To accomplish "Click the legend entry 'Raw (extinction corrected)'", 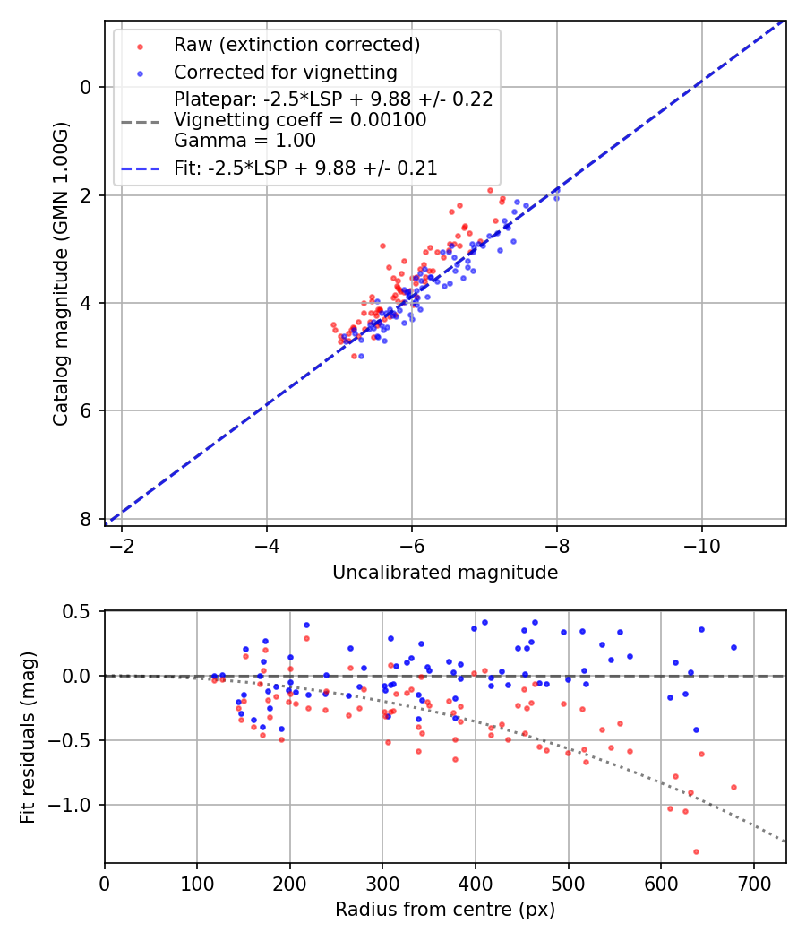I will point(296,45).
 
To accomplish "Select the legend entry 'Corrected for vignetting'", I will point(286,73).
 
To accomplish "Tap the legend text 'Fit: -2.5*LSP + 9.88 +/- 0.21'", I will point(305,168).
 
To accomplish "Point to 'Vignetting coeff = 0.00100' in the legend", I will point(300,120).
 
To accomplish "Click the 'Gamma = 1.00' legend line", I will point(244,141).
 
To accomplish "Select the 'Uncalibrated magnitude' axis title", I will point(445,573).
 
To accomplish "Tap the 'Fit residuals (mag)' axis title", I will point(28,737).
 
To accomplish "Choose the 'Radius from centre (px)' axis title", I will point(445,910).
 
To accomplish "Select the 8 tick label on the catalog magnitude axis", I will point(86,520).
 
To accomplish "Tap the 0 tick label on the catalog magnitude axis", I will point(86,87).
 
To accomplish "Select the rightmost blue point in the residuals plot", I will point(733,647).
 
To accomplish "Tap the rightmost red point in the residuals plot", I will point(733,787).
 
